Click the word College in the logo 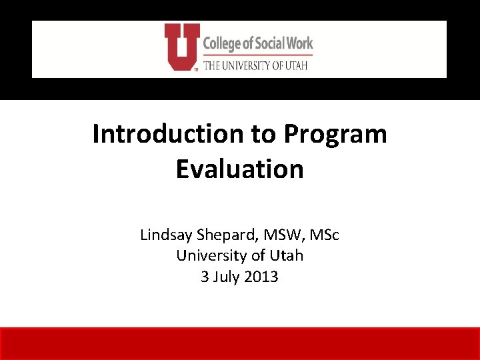point(223,44)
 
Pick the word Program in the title point(335,134)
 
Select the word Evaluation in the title point(239,169)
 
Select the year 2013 point(262,276)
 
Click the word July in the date point(226,276)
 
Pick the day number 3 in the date point(205,276)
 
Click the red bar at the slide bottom point(240,343)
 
